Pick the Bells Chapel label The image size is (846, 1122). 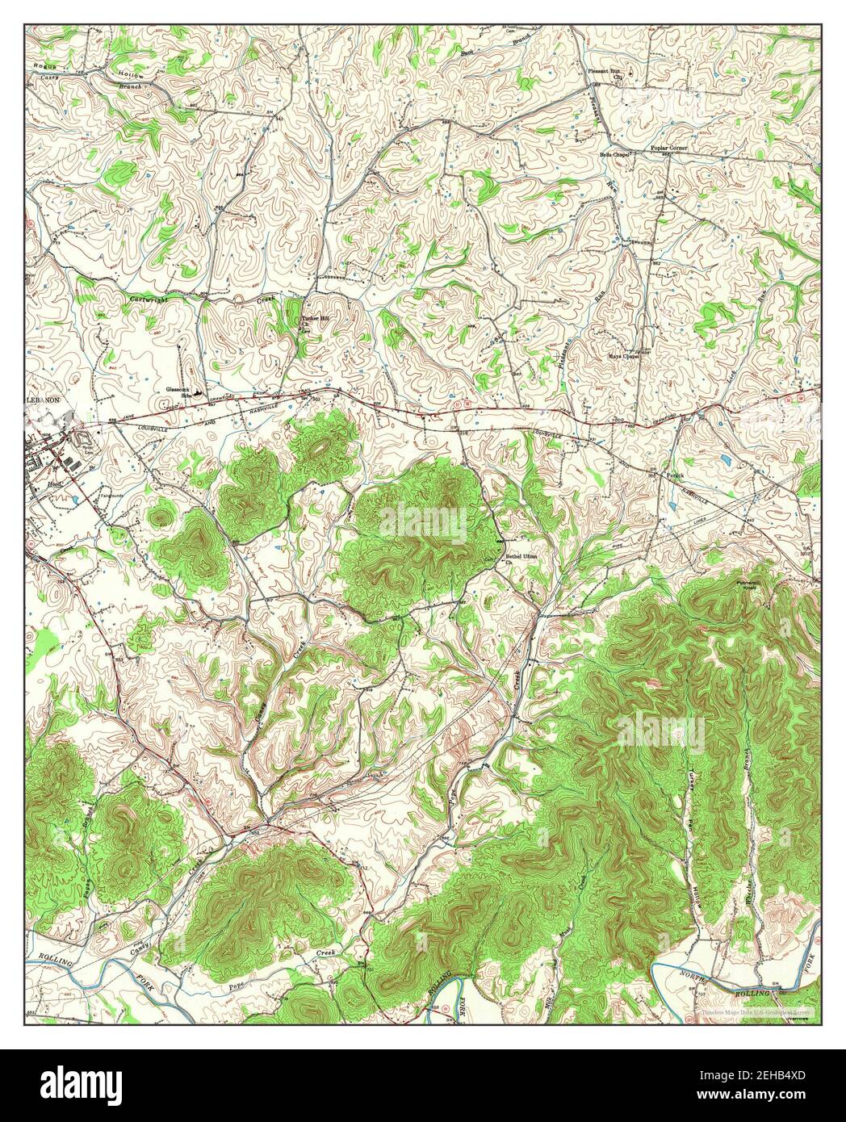click(614, 153)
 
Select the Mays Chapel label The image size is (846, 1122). click(624, 356)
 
